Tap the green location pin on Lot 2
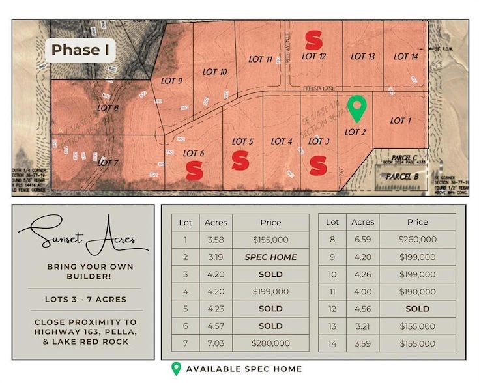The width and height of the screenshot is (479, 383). point(356,109)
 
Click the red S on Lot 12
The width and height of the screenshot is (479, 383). point(313,40)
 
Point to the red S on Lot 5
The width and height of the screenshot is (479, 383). point(240,160)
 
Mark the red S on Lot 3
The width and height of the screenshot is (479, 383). point(317,165)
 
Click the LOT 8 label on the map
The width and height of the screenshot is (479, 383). point(107,108)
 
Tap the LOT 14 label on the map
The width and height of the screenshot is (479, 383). point(405,57)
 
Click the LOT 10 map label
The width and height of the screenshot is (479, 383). point(214,72)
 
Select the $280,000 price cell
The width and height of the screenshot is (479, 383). point(270,343)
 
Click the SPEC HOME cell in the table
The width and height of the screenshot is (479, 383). point(270,257)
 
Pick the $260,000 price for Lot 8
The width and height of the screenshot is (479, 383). point(418,240)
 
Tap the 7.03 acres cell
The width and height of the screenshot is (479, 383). point(216,343)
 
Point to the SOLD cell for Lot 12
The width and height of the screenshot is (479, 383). point(418,309)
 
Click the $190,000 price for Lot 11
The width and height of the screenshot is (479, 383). point(418,292)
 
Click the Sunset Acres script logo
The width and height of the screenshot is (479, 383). point(83,238)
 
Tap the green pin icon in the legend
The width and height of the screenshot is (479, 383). point(175,369)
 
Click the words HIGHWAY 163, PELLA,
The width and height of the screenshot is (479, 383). point(83,333)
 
